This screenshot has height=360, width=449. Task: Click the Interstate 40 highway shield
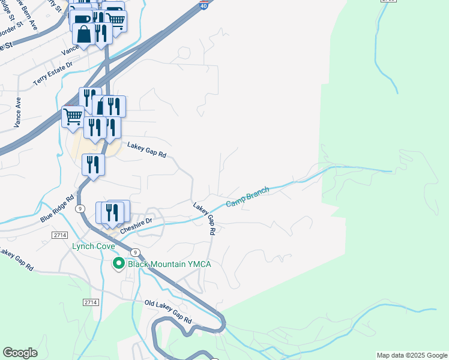pos(205,5)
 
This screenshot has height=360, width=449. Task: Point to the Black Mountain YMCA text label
pos(168,264)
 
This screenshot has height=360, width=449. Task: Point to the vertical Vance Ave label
pos(17,112)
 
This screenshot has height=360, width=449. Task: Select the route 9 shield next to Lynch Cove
pos(136,252)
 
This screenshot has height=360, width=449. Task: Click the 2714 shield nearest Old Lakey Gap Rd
pos(91,302)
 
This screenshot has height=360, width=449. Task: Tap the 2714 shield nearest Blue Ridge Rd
pos(59,235)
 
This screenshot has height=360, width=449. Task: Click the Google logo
pos(20,353)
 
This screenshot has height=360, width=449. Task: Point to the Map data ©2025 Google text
pos(412,355)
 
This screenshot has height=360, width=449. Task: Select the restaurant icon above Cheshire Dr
pos(111,213)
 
